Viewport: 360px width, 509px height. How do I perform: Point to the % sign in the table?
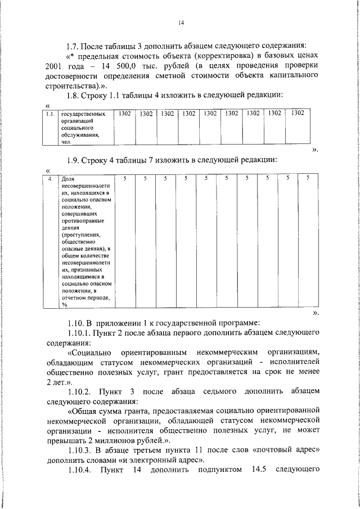[x=65, y=304]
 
